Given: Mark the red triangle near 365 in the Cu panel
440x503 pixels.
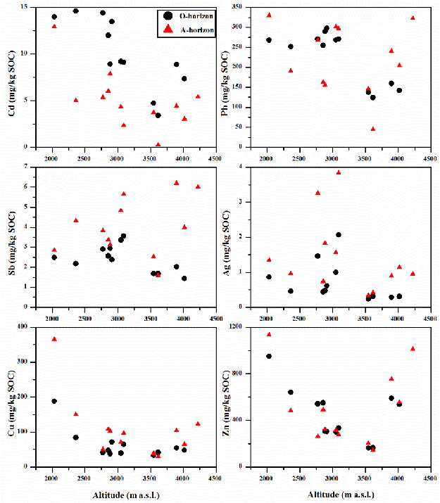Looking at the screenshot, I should coord(54,339).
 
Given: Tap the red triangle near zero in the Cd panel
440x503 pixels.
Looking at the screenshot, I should coord(158,144).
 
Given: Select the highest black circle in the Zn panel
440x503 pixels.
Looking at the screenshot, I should coord(269,356).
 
